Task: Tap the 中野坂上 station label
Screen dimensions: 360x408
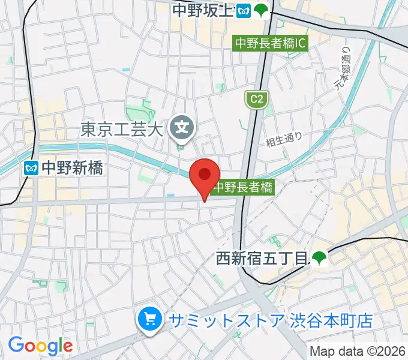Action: click(x=202, y=10)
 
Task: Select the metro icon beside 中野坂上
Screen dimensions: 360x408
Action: click(x=243, y=10)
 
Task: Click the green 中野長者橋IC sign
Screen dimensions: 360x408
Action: click(x=271, y=43)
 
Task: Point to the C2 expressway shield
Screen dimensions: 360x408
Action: click(x=255, y=99)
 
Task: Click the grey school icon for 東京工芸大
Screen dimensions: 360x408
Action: click(x=181, y=127)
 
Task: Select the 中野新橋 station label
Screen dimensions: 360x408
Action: click(x=73, y=168)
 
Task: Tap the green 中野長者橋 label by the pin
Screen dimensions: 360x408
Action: click(x=244, y=187)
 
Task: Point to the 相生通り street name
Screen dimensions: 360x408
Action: click(x=284, y=140)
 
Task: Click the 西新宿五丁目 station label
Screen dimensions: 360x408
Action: click(x=261, y=259)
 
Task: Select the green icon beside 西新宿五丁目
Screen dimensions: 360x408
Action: click(x=318, y=259)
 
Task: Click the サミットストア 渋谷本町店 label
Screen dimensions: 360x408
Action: click(x=271, y=320)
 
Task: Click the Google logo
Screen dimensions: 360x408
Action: click(x=40, y=346)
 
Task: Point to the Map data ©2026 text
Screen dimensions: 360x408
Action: click(x=358, y=351)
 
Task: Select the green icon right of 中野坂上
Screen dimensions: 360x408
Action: click(x=260, y=10)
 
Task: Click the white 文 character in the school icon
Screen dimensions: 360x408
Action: click(x=181, y=127)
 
